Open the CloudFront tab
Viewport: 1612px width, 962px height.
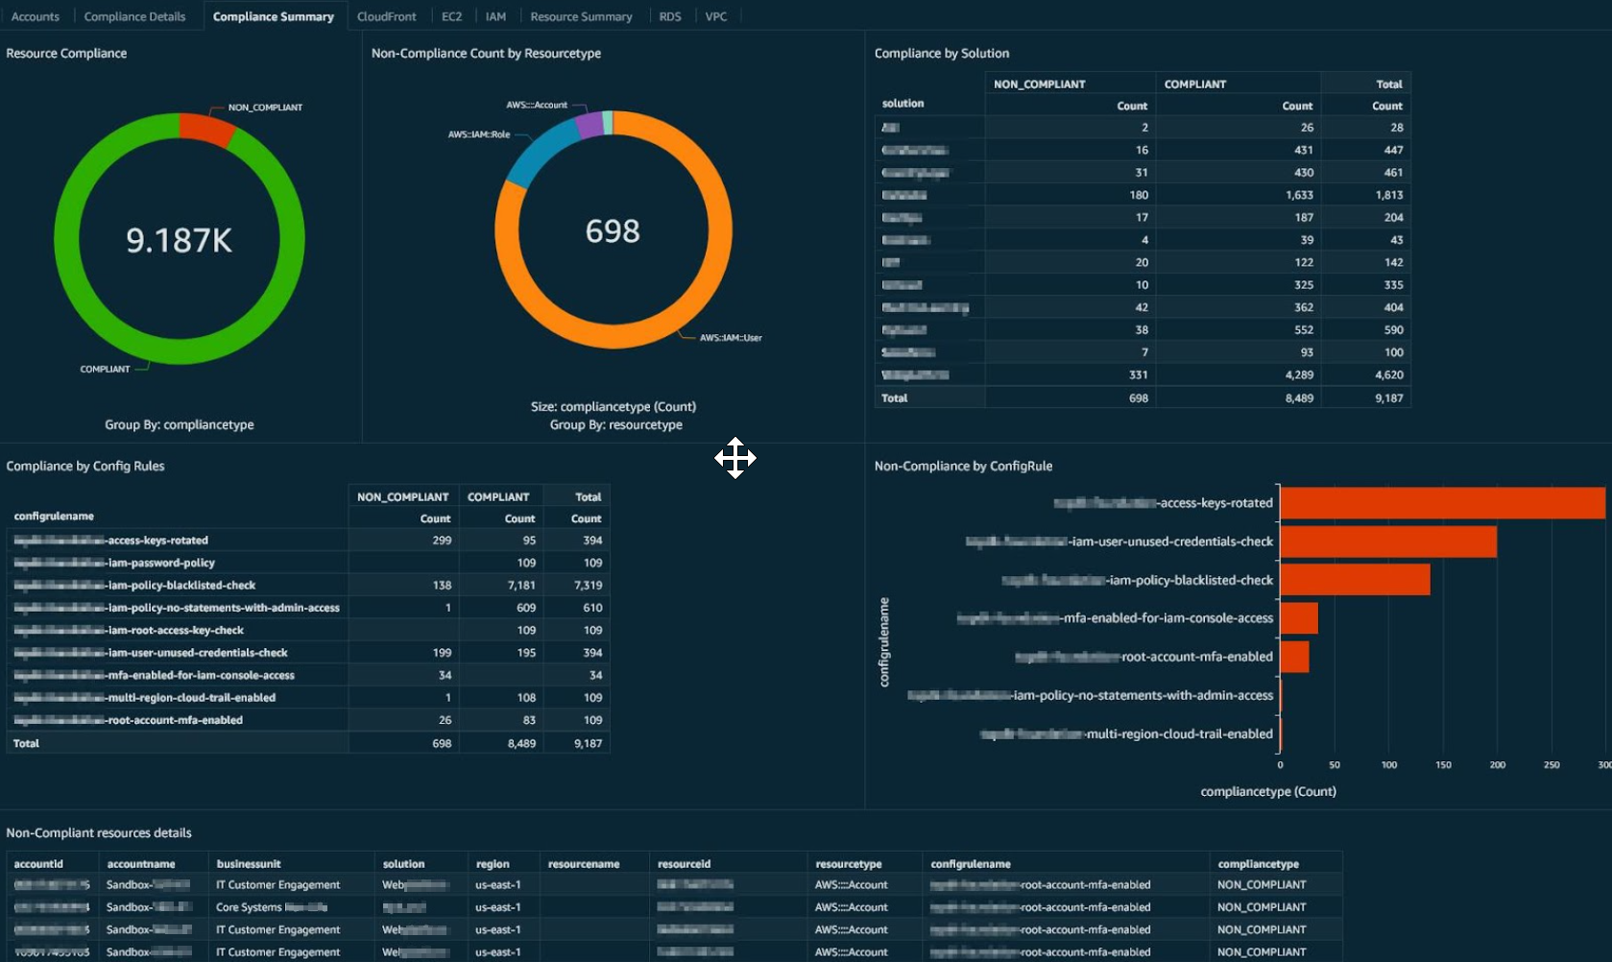point(386,16)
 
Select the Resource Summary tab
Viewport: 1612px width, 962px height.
point(581,16)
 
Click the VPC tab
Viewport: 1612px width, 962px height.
point(715,16)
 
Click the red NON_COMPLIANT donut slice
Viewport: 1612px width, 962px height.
point(206,129)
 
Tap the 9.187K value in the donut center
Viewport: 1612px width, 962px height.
point(180,240)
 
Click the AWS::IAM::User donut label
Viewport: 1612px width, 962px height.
point(730,338)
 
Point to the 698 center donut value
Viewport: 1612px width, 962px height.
point(613,231)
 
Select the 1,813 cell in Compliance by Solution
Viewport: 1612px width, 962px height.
point(1388,195)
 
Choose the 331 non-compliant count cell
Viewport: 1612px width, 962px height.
point(1138,374)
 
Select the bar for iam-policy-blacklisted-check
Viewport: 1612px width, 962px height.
point(1355,580)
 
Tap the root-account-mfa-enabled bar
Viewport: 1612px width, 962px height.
point(1294,657)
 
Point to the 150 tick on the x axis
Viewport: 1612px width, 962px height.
point(1443,765)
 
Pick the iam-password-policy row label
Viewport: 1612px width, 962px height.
point(160,563)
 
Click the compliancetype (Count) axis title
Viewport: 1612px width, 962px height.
point(1267,791)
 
